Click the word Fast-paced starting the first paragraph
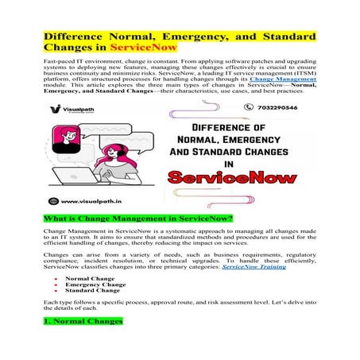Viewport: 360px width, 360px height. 61,61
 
